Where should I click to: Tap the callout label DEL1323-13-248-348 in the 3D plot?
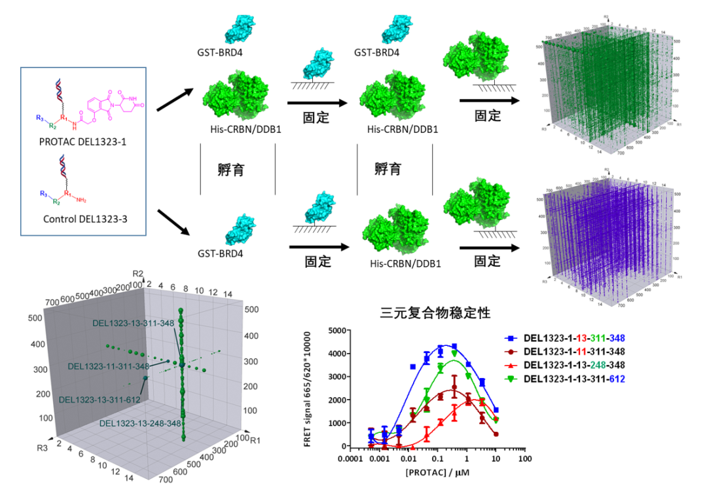tap(140, 424)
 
